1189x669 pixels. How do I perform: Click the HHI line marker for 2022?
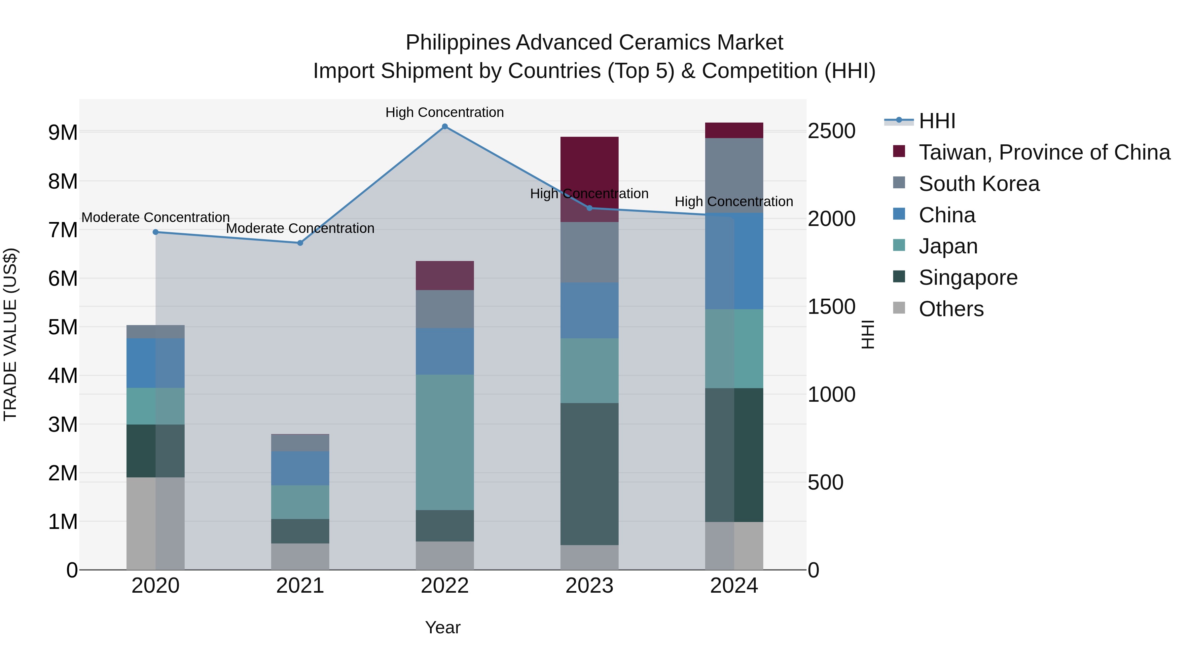coord(445,127)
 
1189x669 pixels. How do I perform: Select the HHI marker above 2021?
coord(300,243)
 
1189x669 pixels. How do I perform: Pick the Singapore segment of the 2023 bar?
coord(590,474)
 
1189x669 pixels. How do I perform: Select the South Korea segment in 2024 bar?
coord(734,175)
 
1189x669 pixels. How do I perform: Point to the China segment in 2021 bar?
coord(300,468)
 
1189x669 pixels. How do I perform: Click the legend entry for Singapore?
coord(968,278)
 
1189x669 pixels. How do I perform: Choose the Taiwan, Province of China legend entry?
coord(1044,152)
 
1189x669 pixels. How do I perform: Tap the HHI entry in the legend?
coord(937,121)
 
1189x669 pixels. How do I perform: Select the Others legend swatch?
coord(899,308)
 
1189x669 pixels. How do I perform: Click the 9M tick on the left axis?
coord(63,132)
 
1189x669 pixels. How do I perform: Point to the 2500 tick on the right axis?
coord(831,131)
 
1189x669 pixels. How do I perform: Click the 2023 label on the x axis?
coord(590,586)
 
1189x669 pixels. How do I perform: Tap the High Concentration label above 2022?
coord(445,112)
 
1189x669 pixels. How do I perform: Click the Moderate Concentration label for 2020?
coord(156,217)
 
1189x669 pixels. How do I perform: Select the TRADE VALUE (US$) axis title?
coord(10,334)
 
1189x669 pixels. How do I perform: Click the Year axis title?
coord(443,627)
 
